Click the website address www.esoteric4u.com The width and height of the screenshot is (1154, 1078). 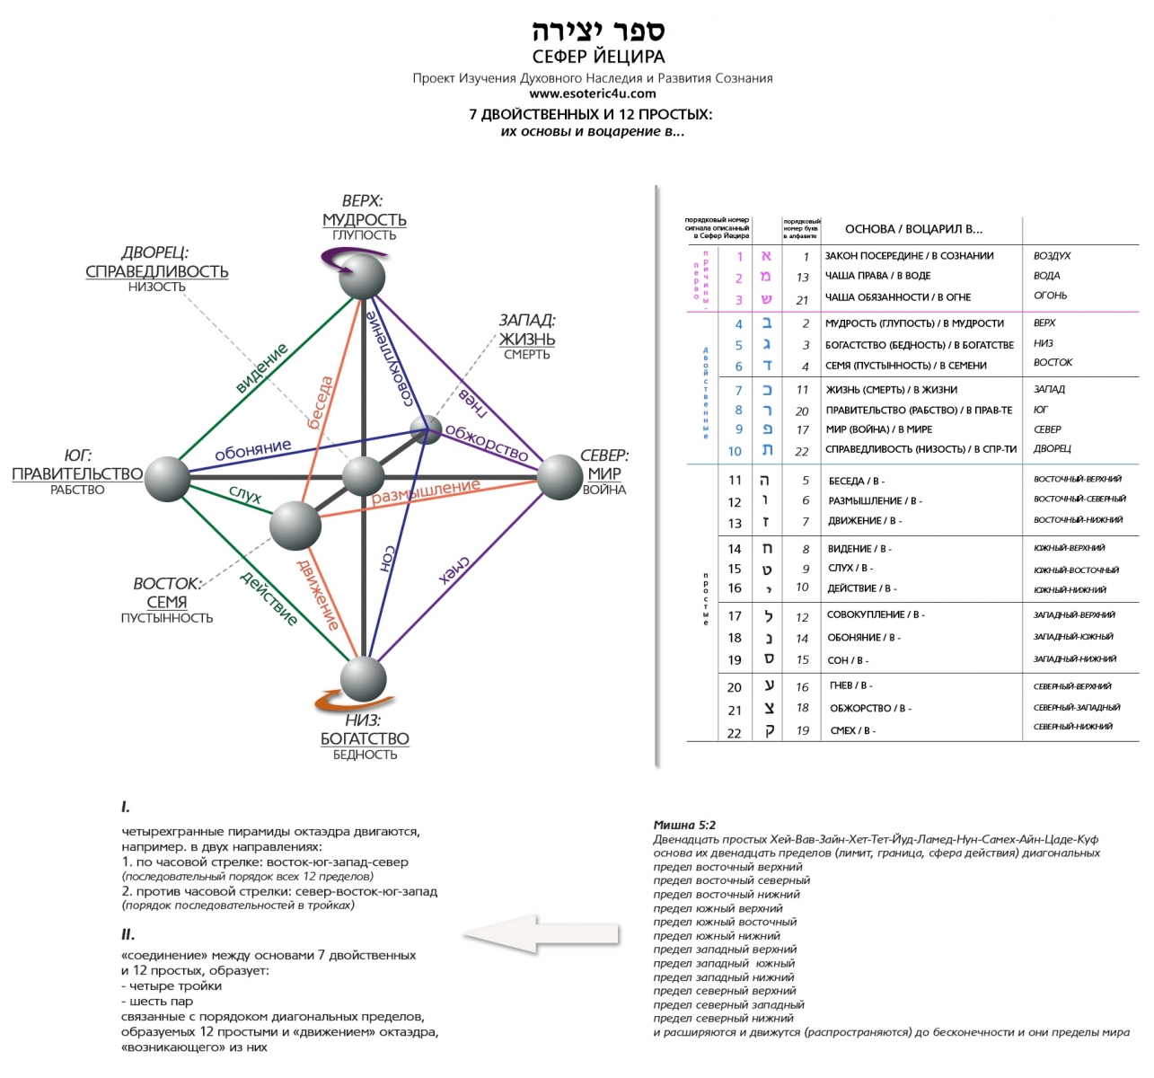coord(592,93)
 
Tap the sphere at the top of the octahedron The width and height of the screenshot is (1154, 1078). coord(362,276)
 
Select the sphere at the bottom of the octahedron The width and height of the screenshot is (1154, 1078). coord(363,679)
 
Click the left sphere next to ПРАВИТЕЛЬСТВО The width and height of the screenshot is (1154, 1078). coord(167,478)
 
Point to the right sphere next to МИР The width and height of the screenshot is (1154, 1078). coord(559,477)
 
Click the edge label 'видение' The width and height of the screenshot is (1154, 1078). coord(261,368)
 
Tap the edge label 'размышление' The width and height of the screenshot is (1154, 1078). coord(426,491)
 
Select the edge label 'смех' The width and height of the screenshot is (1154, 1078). coord(454,570)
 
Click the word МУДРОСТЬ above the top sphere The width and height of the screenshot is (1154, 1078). coord(365,219)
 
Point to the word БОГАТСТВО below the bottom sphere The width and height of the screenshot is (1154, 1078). coord(365,738)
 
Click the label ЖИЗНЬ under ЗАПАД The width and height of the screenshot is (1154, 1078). coord(527,339)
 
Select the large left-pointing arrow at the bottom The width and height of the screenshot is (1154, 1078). coord(542,934)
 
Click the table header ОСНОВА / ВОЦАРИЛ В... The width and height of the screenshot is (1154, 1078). coord(913,228)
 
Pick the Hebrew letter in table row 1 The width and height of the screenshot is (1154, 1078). coord(766,257)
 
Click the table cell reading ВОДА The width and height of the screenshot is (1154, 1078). coord(1046,276)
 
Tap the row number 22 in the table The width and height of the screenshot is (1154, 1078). coord(735,733)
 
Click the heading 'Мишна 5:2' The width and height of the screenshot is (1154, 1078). coord(684,825)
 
